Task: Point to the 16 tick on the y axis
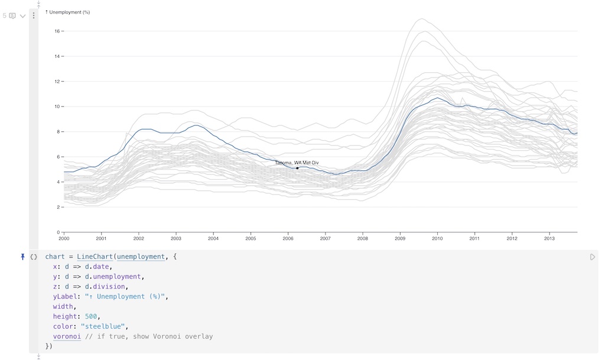pyautogui.click(x=57, y=31)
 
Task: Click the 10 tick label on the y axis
pyautogui.click(x=57, y=106)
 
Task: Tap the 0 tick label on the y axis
pyautogui.click(x=58, y=232)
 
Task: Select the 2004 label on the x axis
pyautogui.click(x=213, y=239)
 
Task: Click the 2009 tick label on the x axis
pyautogui.click(x=400, y=239)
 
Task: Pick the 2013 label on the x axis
pyautogui.click(x=549, y=239)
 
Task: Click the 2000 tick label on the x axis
pyautogui.click(x=64, y=239)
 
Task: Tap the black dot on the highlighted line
pyautogui.click(x=297, y=168)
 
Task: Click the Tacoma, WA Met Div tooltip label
pyautogui.click(x=297, y=163)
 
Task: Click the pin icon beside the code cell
pyautogui.click(x=23, y=257)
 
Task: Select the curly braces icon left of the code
pyautogui.click(x=34, y=257)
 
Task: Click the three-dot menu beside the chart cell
pyautogui.click(x=34, y=16)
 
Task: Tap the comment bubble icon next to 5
pyautogui.click(x=12, y=16)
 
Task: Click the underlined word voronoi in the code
pyautogui.click(x=67, y=336)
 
